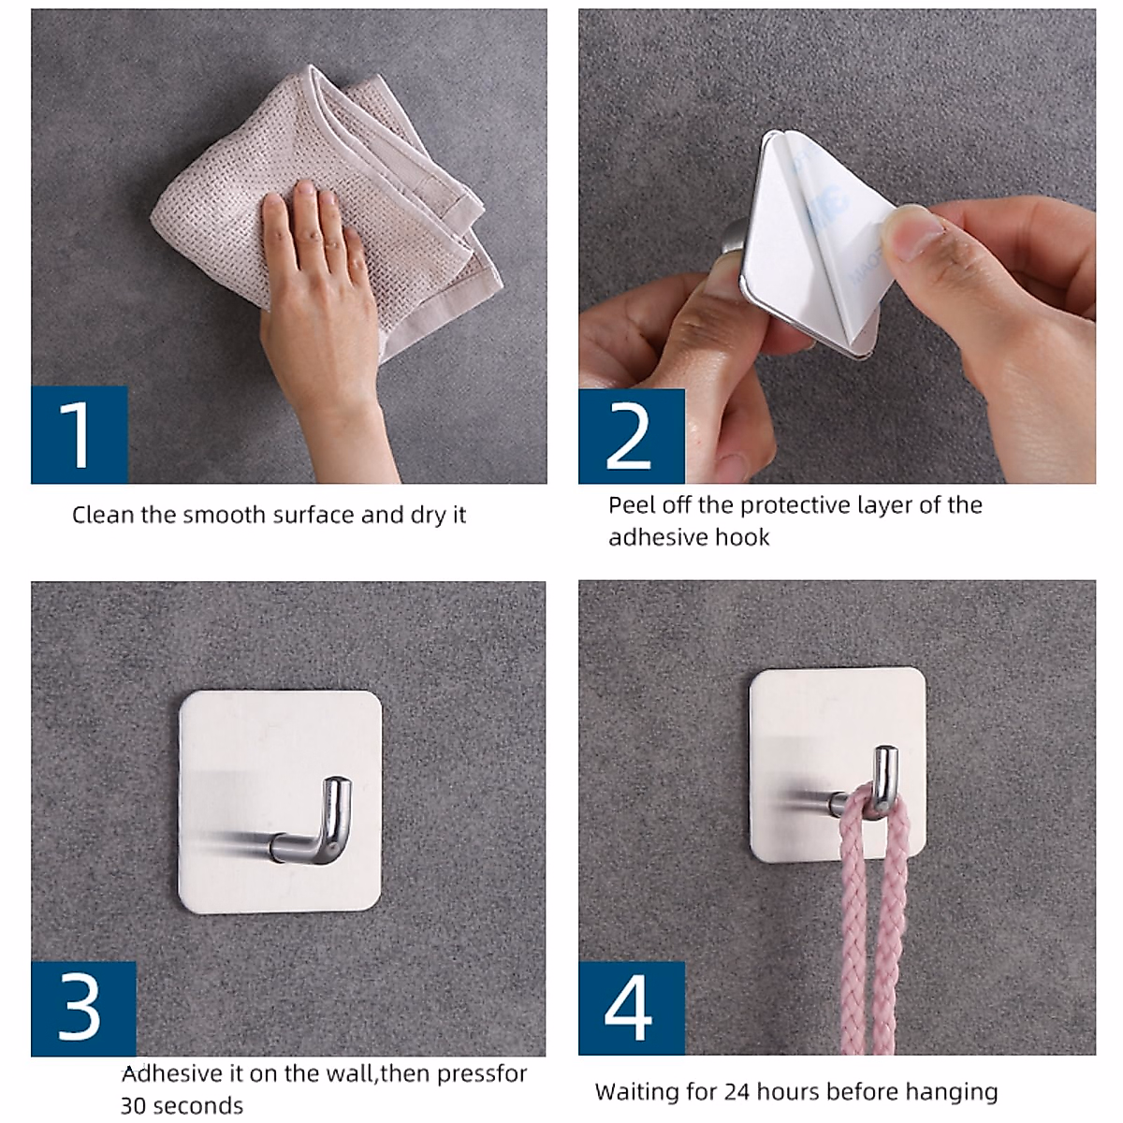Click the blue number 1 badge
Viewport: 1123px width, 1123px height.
pos(80,434)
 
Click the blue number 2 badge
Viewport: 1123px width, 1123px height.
pos(631,436)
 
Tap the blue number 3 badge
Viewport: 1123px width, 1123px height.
pos(83,1008)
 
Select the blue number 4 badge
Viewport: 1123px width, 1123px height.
pos(631,1008)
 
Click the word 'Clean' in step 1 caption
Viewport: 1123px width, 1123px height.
pos(103,515)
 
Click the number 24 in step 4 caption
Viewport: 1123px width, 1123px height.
pos(737,1091)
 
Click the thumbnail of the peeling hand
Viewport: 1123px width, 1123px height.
pos(912,232)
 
